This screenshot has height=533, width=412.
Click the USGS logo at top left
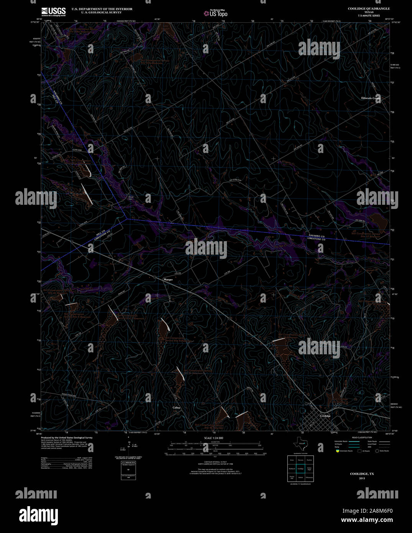[x=53, y=12]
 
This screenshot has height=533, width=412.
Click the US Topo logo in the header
[x=215, y=13]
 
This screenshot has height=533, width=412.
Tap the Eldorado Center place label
[x=371, y=98]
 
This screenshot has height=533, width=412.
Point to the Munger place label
[x=168, y=280]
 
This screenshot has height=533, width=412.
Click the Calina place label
[x=176, y=407]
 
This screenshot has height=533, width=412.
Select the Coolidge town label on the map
[x=325, y=416]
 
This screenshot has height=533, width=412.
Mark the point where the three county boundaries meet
[x=127, y=219]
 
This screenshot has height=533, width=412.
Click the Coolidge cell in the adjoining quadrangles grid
[x=300, y=469]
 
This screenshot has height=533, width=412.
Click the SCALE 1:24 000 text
[x=213, y=438]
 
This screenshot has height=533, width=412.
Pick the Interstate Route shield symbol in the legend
[x=337, y=451]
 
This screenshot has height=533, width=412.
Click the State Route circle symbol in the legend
[x=377, y=451]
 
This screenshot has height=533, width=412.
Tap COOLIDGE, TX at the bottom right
[x=362, y=474]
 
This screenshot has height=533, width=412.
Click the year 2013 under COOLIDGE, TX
[x=362, y=478]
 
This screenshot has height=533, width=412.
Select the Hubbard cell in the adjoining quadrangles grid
[x=292, y=469]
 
